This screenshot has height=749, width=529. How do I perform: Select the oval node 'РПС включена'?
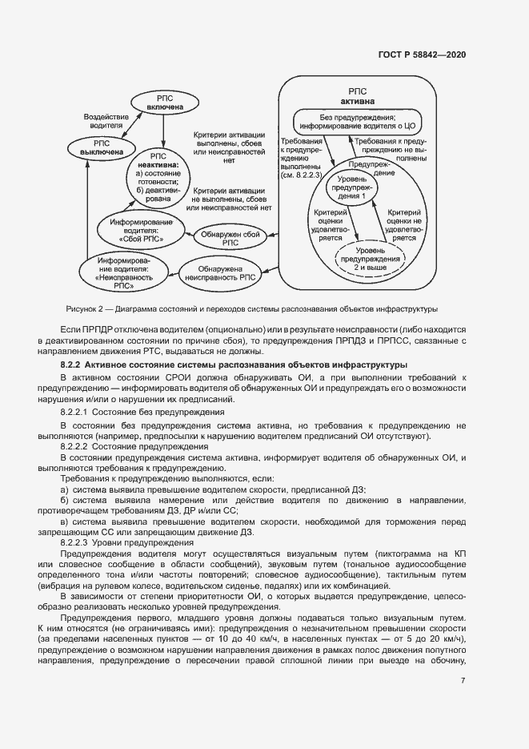(x=164, y=102)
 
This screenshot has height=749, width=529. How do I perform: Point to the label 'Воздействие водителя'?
(x=106, y=121)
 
